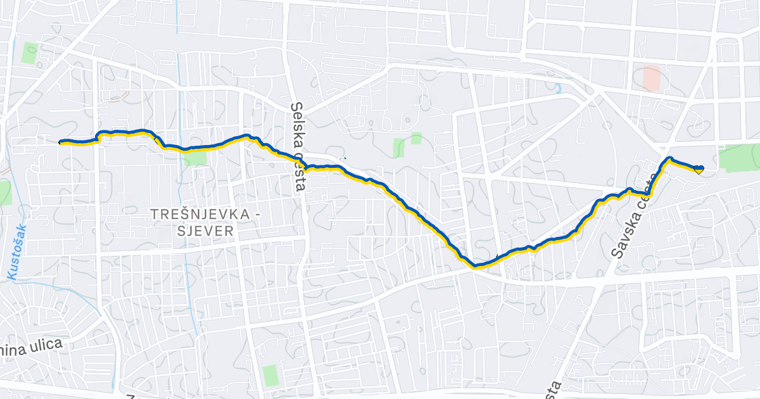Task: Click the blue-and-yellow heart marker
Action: tap(698, 169)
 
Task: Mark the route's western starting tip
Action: tap(61, 142)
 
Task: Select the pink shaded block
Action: tap(651, 78)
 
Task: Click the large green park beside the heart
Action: tap(739, 157)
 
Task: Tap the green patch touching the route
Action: tap(195, 156)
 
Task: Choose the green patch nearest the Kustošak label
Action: tap(5, 193)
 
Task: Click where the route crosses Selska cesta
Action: tap(305, 168)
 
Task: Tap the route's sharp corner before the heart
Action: tap(669, 158)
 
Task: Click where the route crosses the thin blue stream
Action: tap(180, 149)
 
